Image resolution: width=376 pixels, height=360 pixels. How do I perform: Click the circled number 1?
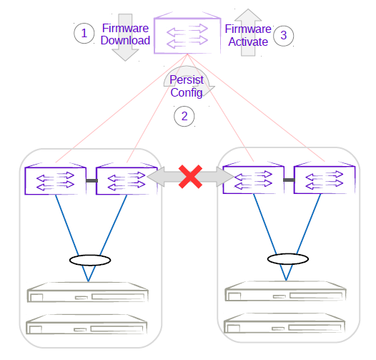click(84, 33)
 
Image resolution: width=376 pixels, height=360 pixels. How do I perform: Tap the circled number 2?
click(184, 117)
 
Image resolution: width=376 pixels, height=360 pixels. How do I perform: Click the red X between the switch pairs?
click(189, 177)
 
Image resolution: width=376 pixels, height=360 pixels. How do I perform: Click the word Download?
click(125, 40)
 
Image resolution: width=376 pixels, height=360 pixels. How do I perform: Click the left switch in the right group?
click(253, 179)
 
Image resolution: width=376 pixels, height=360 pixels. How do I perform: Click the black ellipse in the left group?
click(89, 259)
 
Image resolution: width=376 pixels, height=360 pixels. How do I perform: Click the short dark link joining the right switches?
click(288, 180)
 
